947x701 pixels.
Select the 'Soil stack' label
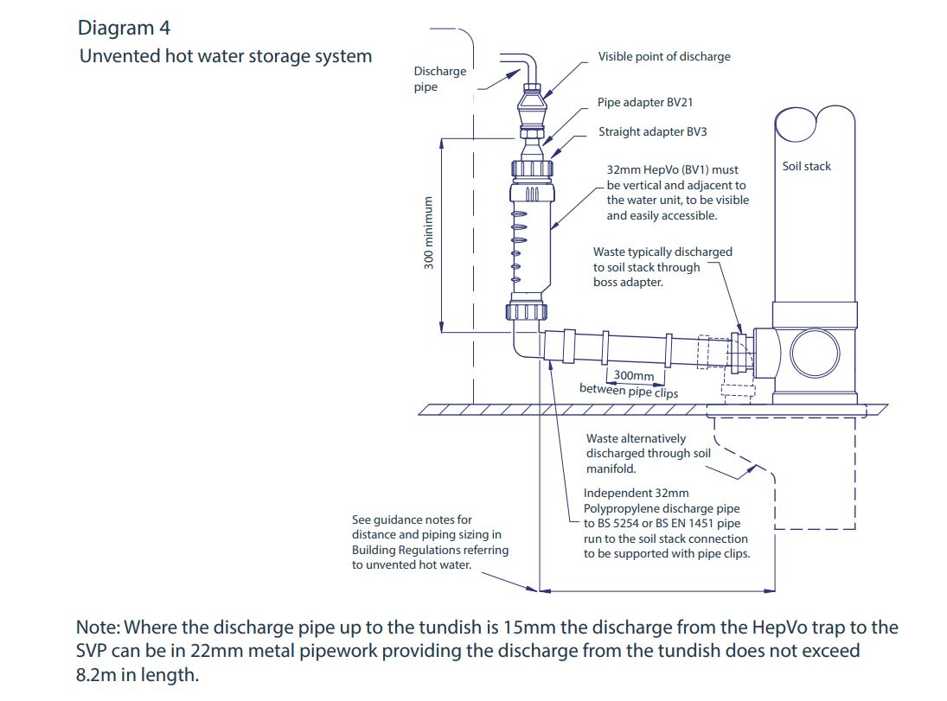[x=805, y=166]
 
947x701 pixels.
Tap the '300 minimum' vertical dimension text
[x=428, y=233]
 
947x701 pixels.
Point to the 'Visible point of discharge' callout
[x=663, y=56]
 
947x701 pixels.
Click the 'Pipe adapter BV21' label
[x=644, y=102]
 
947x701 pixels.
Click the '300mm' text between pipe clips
[x=633, y=376]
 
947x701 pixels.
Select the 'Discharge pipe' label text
[x=438, y=79]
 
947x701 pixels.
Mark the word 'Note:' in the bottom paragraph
[x=101, y=628]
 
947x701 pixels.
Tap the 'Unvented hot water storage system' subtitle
[x=225, y=56]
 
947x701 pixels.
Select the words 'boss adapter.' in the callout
[x=628, y=283]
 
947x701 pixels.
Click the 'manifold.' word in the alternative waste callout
[x=611, y=468]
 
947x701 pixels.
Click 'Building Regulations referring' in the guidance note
[x=430, y=550]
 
